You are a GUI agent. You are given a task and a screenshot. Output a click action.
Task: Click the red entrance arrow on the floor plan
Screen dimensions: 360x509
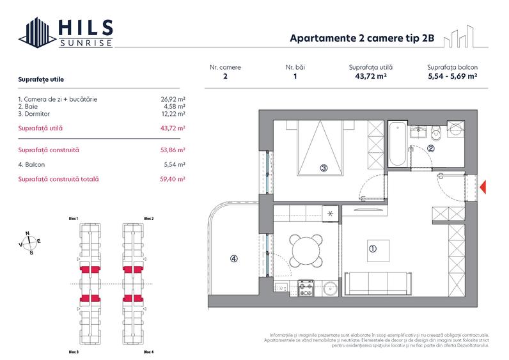[484, 186]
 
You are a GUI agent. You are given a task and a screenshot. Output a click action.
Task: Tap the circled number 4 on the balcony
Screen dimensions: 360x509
[234, 259]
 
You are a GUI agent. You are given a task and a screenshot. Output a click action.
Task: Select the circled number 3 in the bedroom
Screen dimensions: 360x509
[324, 168]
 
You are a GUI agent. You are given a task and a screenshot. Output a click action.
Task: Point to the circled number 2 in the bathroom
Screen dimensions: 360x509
[431, 149]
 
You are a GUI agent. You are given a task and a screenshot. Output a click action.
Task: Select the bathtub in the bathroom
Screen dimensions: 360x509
[397, 145]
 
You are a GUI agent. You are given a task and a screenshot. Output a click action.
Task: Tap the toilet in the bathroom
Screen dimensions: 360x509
[437, 133]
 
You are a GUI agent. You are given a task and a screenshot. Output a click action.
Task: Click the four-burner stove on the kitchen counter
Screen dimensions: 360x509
[306, 288]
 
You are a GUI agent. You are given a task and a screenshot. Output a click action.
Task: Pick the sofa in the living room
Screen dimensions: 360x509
[377, 283]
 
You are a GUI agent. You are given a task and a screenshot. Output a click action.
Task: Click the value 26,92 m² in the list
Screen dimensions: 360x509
[173, 100]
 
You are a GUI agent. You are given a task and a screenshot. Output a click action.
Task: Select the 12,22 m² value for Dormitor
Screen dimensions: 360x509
[173, 113]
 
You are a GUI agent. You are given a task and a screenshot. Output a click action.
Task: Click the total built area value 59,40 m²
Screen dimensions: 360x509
[173, 180]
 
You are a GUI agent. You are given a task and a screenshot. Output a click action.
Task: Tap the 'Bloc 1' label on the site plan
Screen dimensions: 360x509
[73, 219]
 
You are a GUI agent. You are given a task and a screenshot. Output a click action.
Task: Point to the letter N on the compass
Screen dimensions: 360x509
[27, 233]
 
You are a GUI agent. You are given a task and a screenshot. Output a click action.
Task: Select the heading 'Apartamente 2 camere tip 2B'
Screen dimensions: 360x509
[363, 38]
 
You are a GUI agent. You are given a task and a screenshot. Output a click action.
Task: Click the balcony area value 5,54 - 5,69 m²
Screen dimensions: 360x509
[452, 76]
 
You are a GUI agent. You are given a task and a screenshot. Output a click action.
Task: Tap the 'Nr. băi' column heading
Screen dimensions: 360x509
[295, 67]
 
